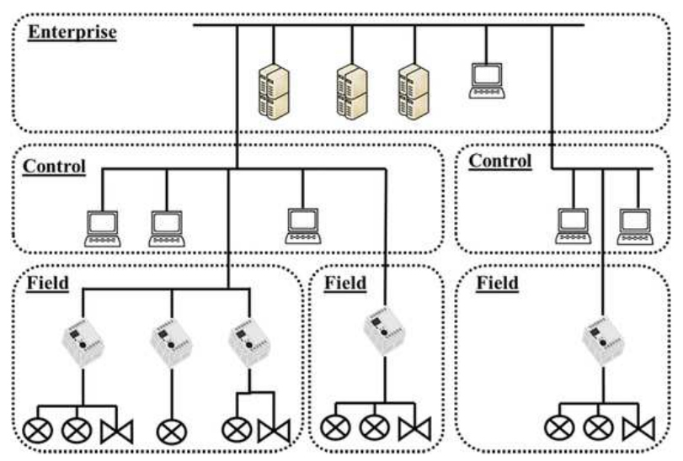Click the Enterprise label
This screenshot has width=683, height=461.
point(72,33)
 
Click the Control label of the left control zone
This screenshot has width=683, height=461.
point(54,166)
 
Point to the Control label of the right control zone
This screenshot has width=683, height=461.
point(500,161)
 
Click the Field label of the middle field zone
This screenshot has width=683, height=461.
point(345,283)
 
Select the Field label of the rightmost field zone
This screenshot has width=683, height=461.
point(498,283)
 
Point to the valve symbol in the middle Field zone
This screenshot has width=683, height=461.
point(415,430)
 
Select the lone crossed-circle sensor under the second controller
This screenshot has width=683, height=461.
point(171,430)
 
